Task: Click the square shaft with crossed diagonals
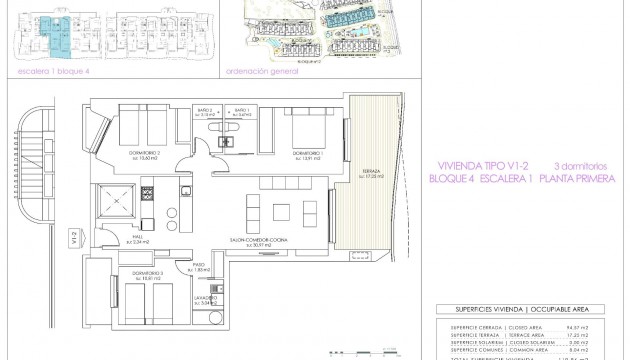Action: pos(114,201)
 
